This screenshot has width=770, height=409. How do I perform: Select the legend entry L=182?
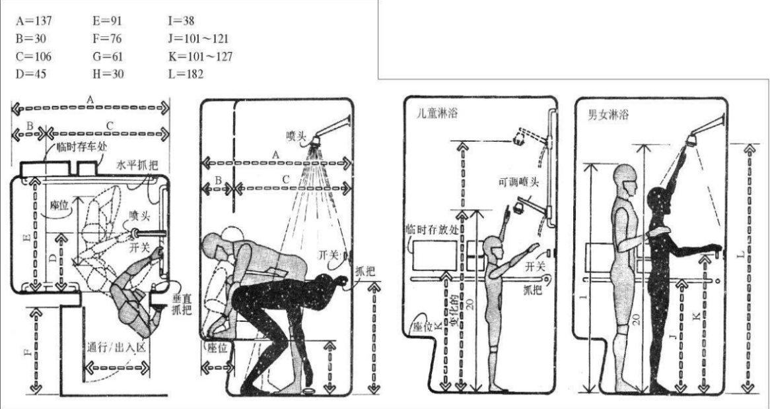coord(186,73)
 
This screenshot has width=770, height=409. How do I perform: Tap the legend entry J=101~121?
coord(199,39)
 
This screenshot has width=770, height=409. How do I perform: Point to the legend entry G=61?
coord(108,55)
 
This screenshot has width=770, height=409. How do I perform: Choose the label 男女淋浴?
coord(608,113)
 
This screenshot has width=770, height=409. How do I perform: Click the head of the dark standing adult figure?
coord(658,202)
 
